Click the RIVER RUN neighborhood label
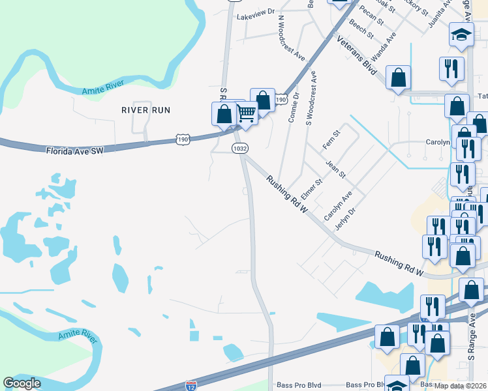[145, 110]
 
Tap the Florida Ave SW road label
[75, 151]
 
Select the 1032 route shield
[240, 149]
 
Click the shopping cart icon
[246, 113]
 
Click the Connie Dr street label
[294, 107]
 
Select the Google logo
[22, 383]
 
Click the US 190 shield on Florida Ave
[183, 139]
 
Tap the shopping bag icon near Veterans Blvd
[397, 78]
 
